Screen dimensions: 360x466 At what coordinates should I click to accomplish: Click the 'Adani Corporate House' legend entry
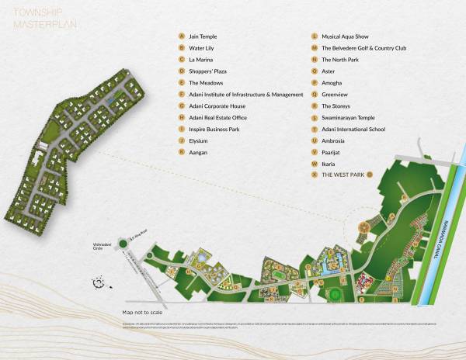point(219,106)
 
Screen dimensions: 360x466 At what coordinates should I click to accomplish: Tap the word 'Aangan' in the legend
point(198,152)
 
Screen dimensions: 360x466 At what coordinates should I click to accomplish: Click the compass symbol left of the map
point(99,283)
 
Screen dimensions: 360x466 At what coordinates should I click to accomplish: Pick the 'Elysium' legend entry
point(200,140)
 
